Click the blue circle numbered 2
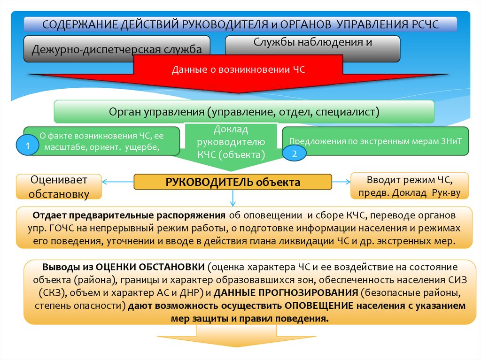pos(294,153)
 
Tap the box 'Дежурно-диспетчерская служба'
pos(117,49)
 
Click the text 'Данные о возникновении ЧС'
pos(239,70)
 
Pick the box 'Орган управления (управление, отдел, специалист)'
pos(244,112)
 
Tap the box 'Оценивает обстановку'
pos(59,186)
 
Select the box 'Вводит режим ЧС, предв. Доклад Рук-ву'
pos(410,186)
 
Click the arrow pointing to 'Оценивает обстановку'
pos(118,182)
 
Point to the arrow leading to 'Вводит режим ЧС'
pos(341,182)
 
